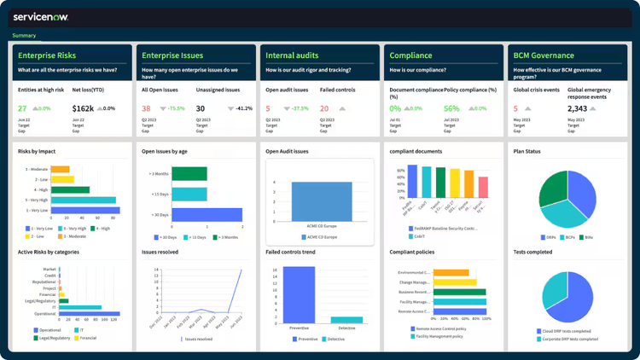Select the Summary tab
click(x=24, y=36)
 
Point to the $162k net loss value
click(x=84, y=108)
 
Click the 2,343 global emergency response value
click(x=578, y=108)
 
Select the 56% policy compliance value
click(x=451, y=108)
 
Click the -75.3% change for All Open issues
click(x=176, y=108)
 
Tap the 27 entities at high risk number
click(x=22, y=108)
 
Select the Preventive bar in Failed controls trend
click(x=299, y=298)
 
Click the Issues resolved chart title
click(x=160, y=253)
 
